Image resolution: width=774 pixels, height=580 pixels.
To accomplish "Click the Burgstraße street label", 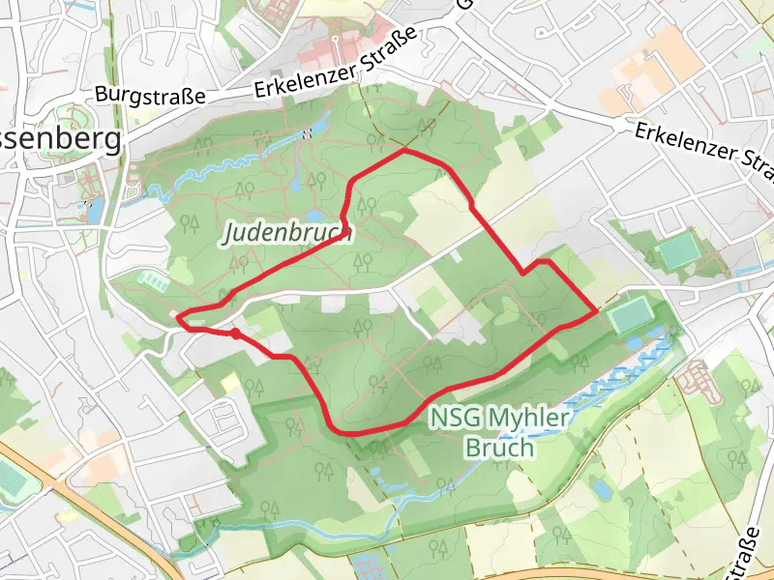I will point(150,96).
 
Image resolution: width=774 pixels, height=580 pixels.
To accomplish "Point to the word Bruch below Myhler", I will point(499,448).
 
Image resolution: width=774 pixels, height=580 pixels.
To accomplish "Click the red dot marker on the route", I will point(235,333).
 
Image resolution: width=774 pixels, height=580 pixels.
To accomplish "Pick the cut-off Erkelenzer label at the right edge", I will point(705,151).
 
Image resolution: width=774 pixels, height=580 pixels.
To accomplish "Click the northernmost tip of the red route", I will point(404,151).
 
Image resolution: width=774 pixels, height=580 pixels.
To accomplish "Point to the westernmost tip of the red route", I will point(178,315).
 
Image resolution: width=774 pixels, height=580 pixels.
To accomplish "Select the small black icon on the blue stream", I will point(308,133).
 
